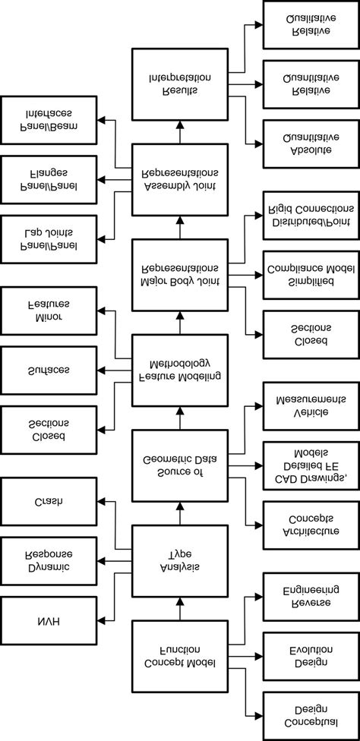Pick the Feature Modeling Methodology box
tap(180, 370)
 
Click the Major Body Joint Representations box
tap(180, 274)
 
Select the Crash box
tap(49, 503)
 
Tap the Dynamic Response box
tap(49, 562)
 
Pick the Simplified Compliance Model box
tap(308, 275)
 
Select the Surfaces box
tap(49, 370)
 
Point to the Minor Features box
tap(49, 311)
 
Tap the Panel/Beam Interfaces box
tap(49, 120)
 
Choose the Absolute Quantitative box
tap(308, 143)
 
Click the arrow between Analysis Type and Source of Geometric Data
tap(180, 516)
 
